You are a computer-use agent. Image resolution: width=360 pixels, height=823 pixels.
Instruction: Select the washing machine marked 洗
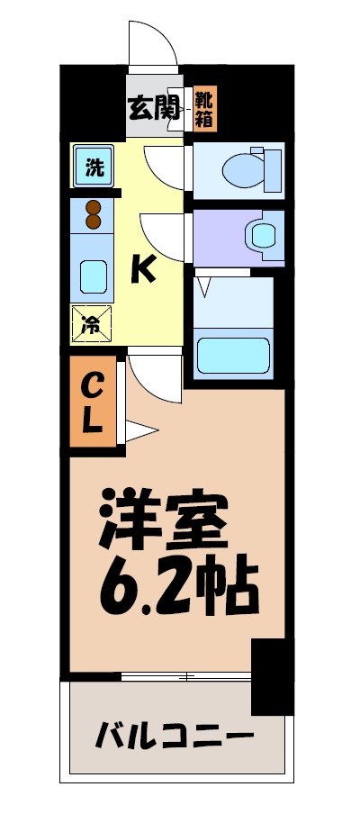(x=94, y=167)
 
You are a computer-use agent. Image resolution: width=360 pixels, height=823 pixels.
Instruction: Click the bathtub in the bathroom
(x=233, y=357)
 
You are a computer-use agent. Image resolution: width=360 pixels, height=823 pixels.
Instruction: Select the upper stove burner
(x=94, y=208)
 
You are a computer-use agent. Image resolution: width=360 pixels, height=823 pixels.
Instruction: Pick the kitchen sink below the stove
(x=93, y=276)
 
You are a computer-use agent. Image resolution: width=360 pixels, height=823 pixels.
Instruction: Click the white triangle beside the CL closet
(x=140, y=431)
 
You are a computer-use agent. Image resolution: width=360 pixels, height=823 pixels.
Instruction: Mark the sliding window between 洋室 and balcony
(x=184, y=675)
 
